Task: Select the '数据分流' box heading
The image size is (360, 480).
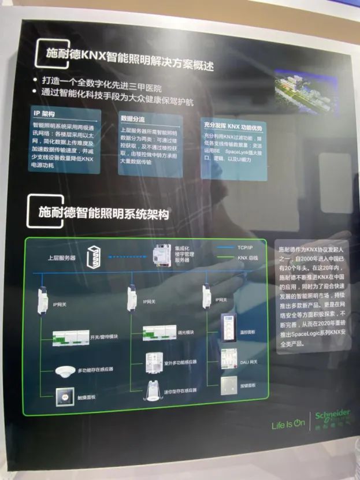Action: point(132,118)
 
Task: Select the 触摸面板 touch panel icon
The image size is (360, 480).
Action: point(62,397)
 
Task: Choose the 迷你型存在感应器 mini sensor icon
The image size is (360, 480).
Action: point(153,389)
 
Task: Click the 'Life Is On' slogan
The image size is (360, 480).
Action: point(288,425)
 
